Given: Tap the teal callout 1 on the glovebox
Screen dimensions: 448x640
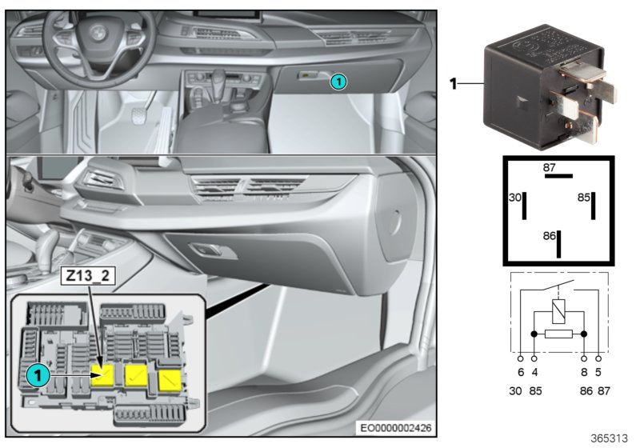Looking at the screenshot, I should click(x=338, y=80).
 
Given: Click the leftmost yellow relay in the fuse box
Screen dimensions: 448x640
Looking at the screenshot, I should click(x=103, y=374).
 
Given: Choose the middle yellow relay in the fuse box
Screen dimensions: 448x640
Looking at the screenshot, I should click(x=136, y=376).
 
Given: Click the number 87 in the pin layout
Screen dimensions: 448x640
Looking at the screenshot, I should click(x=550, y=168).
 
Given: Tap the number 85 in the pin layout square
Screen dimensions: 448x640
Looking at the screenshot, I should click(x=585, y=196).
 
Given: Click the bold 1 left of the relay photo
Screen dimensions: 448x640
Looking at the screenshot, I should click(x=453, y=82).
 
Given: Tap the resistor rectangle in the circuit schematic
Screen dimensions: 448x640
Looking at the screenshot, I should click(x=558, y=333).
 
